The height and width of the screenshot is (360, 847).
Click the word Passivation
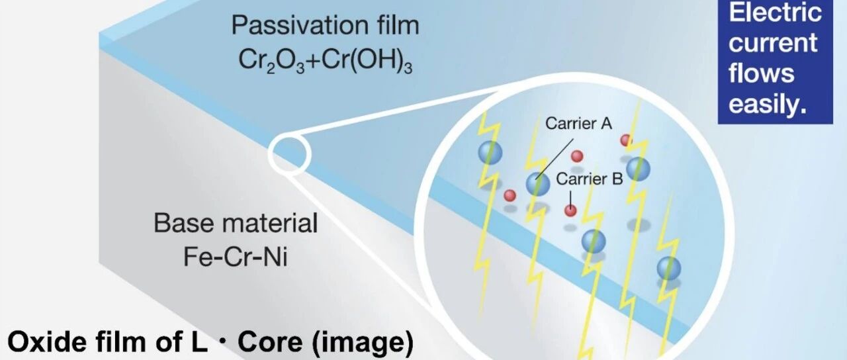point(300,25)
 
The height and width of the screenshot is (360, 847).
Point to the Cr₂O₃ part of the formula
point(271,62)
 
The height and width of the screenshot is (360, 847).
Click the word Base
point(183,223)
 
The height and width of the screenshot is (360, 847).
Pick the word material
point(269,223)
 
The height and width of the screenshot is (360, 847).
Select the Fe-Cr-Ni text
point(235,257)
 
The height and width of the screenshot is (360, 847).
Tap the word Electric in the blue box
point(775,12)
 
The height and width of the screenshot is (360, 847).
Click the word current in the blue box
point(773,43)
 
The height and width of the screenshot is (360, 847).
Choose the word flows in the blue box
point(761,73)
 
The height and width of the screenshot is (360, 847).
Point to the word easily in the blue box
point(768,103)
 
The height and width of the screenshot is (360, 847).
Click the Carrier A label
point(578,124)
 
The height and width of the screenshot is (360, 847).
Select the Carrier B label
point(589,179)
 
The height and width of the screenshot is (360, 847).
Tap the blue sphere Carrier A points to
point(538,183)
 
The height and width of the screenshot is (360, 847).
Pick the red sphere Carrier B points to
point(570,210)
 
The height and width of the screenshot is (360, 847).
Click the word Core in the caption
point(270,342)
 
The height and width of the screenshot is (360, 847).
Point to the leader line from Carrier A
point(555,158)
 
